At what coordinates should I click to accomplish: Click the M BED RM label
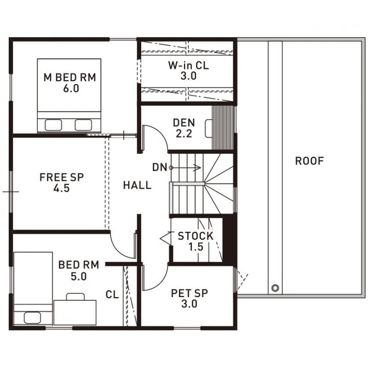(70, 78)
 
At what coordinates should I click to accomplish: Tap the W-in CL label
(189, 65)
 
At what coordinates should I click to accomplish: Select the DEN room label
(184, 122)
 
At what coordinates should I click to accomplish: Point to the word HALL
(137, 185)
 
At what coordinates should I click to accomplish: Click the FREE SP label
(61, 177)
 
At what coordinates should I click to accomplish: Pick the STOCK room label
(196, 236)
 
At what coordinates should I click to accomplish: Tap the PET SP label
(190, 293)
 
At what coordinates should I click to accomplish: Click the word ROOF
(309, 161)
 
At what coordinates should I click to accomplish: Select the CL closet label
(112, 295)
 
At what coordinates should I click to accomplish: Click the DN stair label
(159, 167)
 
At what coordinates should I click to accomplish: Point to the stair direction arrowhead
(197, 167)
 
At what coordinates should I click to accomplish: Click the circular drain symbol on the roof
(275, 287)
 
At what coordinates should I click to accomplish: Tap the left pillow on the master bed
(53, 125)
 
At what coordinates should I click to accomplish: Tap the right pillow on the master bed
(83, 125)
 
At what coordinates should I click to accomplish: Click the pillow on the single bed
(32, 318)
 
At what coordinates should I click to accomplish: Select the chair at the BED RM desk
(76, 297)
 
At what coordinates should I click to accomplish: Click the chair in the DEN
(209, 129)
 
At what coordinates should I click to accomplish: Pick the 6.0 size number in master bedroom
(71, 88)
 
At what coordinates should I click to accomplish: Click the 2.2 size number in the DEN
(184, 134)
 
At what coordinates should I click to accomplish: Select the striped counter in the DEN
(223, 128)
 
